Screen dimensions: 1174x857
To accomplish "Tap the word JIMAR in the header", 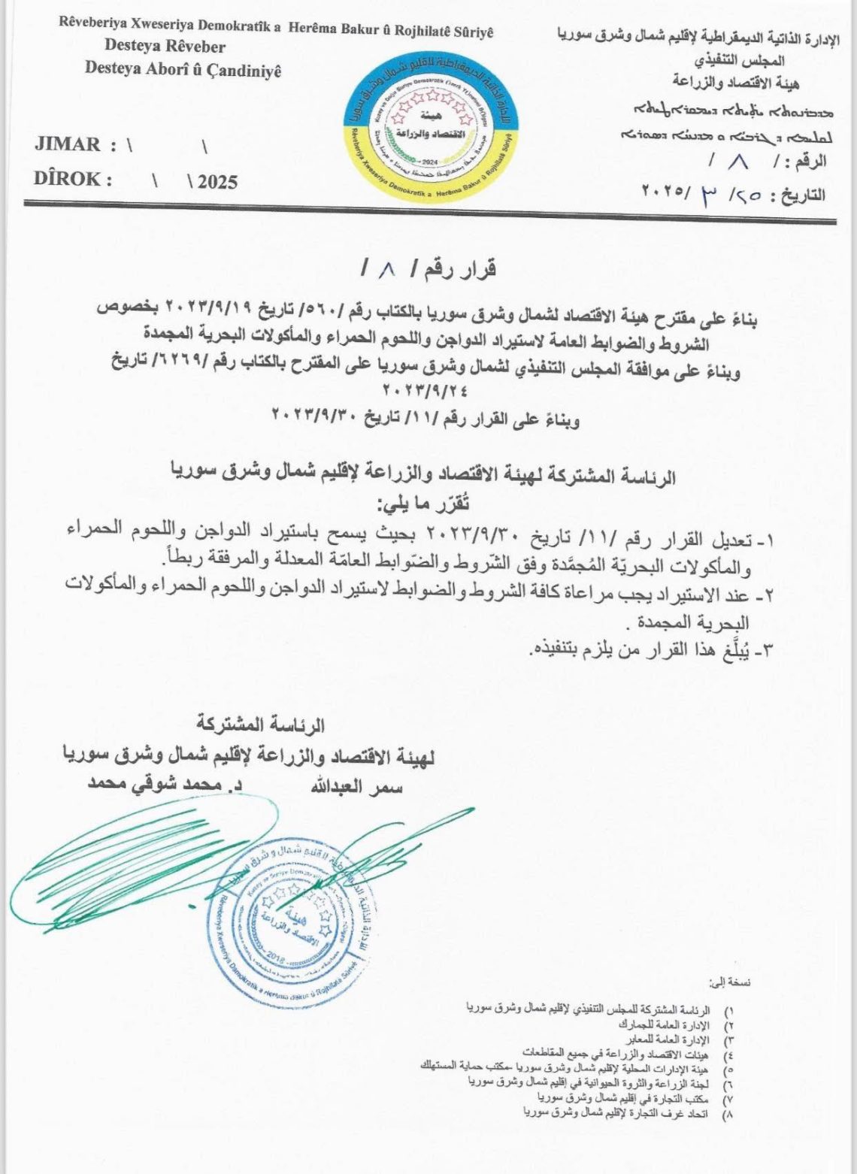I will coord(68,144).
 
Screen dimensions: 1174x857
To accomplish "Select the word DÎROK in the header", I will coord(68,180).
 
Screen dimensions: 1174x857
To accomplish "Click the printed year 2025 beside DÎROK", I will coord(218,182).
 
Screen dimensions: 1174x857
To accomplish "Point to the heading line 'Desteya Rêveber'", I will coord(165,47).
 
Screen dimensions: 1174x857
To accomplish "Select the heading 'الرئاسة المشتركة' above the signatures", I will coord(260,725).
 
